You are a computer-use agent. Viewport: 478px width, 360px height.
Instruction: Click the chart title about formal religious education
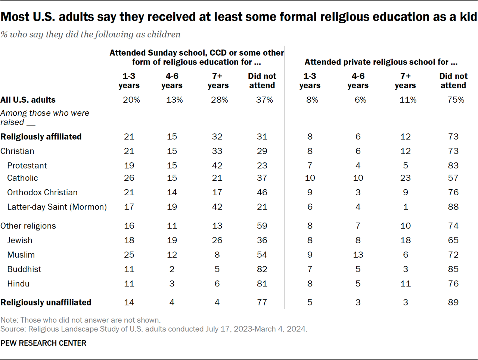(239, 17)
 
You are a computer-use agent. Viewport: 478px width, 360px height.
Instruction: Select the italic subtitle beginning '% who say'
(90, 34)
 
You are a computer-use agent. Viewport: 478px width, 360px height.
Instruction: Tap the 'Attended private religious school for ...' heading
(381, 62)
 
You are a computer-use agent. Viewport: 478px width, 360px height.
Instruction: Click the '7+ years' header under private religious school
(405, 81)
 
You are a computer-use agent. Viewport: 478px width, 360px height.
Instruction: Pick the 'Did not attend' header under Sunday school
(262, 81)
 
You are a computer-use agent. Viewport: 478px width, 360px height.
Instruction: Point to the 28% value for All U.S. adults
(219, 100)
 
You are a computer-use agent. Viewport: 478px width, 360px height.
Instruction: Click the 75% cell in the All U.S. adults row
(456, 100)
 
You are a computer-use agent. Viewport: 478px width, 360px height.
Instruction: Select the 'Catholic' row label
(22, 178)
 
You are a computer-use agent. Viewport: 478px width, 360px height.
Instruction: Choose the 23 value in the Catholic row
(405, 178)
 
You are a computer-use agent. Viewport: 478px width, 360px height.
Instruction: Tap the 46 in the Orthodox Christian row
(262, 193)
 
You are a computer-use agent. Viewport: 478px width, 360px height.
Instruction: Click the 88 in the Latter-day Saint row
(453, 207)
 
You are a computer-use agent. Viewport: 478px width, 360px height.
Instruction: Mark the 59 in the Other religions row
(262, 226)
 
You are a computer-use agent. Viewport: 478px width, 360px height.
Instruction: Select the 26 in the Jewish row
(217, 240)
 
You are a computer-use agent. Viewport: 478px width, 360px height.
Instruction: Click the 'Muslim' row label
(21, 255)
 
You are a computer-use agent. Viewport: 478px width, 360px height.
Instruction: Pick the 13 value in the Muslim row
(358, 255)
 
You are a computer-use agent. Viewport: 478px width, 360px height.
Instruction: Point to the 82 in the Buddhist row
(262, 269)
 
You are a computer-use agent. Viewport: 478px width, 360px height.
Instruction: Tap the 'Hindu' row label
(18, 284)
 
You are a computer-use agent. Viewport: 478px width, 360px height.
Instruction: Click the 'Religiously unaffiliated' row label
(46, 302)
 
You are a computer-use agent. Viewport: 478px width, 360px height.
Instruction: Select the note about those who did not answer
(80, 320)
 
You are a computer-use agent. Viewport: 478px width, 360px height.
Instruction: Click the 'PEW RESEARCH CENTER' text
(43, 343)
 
